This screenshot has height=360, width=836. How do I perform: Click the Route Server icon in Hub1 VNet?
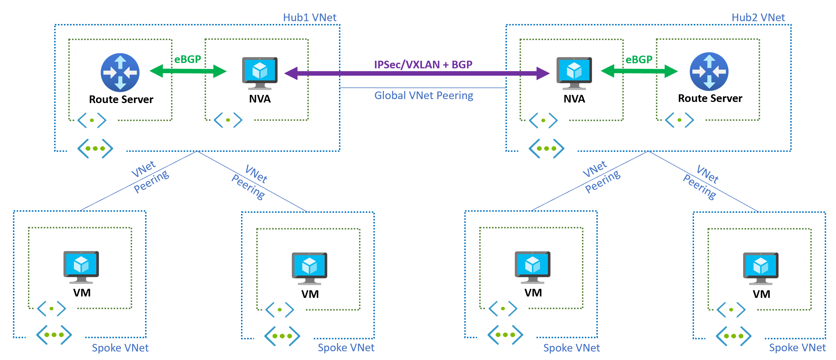coord(120,72)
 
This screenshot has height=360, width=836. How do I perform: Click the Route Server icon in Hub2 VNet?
coord(709,71)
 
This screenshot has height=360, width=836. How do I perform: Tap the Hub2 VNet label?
coord(758,18)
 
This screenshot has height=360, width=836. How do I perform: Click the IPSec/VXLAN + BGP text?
coord(423,65)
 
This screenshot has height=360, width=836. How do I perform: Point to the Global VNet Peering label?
coord(424,95)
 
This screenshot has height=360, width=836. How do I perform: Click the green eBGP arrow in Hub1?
coord(188,71)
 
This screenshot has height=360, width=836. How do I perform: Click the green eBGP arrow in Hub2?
coord(639,71)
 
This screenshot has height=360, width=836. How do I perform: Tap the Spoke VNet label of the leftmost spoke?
coord(120,348)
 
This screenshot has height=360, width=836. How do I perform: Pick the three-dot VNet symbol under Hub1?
coord(95,148)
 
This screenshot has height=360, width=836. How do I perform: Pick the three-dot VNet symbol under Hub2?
coord(546,148)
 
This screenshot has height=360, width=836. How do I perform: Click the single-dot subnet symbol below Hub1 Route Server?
coord(92,120)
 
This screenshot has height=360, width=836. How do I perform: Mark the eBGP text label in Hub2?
coord(639,59)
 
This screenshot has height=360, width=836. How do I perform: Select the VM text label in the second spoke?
coord(310,294)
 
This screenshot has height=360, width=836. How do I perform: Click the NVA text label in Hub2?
coord(574,99)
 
